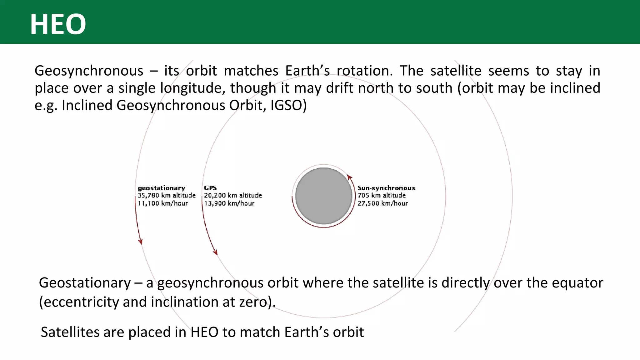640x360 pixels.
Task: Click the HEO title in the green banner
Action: (x=58, y=24)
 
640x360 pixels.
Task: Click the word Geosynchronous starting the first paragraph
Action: (x=89, y=71)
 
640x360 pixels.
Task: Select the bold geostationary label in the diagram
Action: (x=161, y=188)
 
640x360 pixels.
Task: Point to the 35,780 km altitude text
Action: (x=167, y=196)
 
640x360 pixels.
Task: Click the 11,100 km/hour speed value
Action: (x=163, y=203)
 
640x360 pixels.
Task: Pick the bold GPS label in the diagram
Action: (x=210, y=188)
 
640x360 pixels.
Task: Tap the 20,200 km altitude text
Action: (x=233, y=196)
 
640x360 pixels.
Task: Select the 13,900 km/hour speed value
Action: (x=229, y=203)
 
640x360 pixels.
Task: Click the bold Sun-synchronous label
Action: (x=386, y=188)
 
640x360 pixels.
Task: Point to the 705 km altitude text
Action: (x=382, y=196)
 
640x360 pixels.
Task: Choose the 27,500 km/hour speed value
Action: (x=382, y=203)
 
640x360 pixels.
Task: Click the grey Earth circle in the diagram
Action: (x=323, y=196)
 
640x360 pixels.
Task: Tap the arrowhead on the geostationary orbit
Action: (x=141, y=242)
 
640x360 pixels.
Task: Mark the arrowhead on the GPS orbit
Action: (x=215, y=252)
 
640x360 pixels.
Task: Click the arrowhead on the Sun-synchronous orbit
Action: (x=350, y=177)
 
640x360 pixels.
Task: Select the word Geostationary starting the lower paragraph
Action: (x=85, y=283)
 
